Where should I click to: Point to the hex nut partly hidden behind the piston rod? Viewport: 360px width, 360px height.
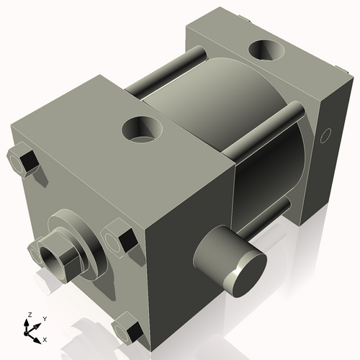pos(34,251)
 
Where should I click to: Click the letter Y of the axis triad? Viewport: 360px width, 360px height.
pos(44,318)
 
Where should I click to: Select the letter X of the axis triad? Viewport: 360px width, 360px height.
pos(45,338)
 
